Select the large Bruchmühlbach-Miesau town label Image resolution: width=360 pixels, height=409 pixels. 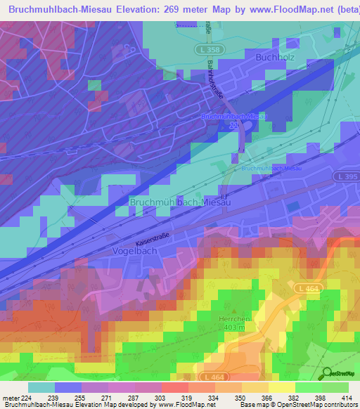point(181,202)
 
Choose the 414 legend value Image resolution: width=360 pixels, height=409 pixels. point(346,398)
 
